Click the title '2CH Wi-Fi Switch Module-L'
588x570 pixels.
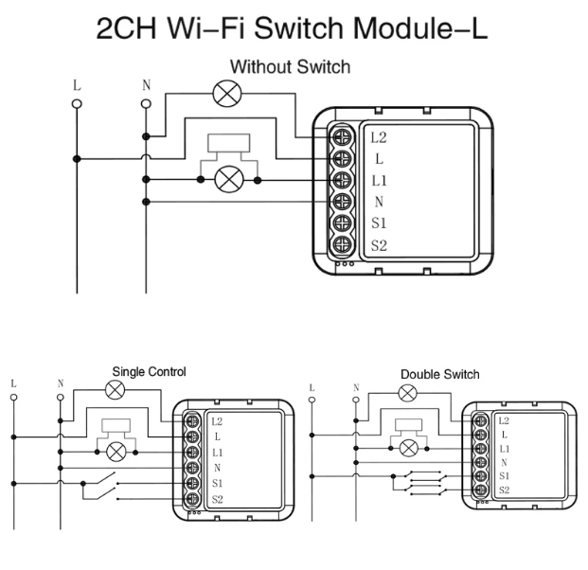[x=292, y=28]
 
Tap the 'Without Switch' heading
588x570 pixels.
[x=291, y=66]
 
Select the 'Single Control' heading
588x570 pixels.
[x=149, y=371]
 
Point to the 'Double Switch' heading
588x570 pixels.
[x=440, y=374]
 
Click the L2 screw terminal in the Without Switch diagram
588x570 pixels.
[x=342, y=137]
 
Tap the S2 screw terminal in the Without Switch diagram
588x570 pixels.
[x=342, y=245]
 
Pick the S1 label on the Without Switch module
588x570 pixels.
[x=379, y=223]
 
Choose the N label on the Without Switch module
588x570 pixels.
[x=379, y=202]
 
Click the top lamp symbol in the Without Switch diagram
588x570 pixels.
[x=227, y=94]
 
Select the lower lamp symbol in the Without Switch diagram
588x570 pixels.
[x=229, y=180]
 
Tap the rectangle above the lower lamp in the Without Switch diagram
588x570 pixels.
[x=229, y=143]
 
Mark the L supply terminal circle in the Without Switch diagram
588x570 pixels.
[x=77, y=104]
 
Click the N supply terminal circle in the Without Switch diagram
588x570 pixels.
[x=146, y=104]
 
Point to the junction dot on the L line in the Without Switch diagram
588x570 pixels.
[x=77, y=159]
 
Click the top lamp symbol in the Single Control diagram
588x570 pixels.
[x=116, y=390]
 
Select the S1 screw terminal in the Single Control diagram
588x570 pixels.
[x=192, y=484]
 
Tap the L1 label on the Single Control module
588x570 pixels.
[x=217, y=453]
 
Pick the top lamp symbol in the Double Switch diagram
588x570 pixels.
[x=407, y=393]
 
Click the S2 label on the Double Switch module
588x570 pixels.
[x=505, y=490]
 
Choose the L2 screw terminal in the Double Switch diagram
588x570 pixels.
[x=480, y=421]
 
